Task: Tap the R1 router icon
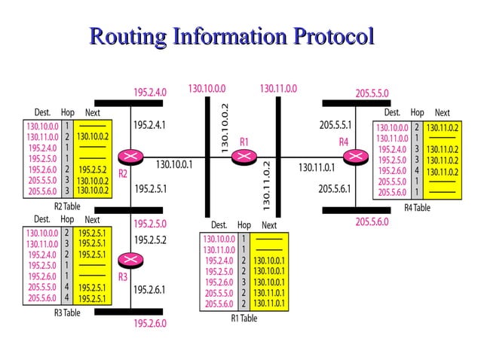(x=243, y=157)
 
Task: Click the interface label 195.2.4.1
(x=149, y=125)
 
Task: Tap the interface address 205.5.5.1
(x=335, y=125)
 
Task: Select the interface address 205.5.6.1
(x=335, y=189)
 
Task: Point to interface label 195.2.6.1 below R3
(x=149, y=289)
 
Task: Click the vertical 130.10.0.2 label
(x=225, y=128)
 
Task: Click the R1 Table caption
(x=244, y=319)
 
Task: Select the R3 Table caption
(x=67, y=313)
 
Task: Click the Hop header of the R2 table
(x=67, y=113)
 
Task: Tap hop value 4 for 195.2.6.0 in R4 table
(x=416, y=171)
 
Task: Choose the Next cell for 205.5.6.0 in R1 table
(x=268, y=304)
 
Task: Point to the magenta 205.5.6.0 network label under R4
(x=372, y=221)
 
